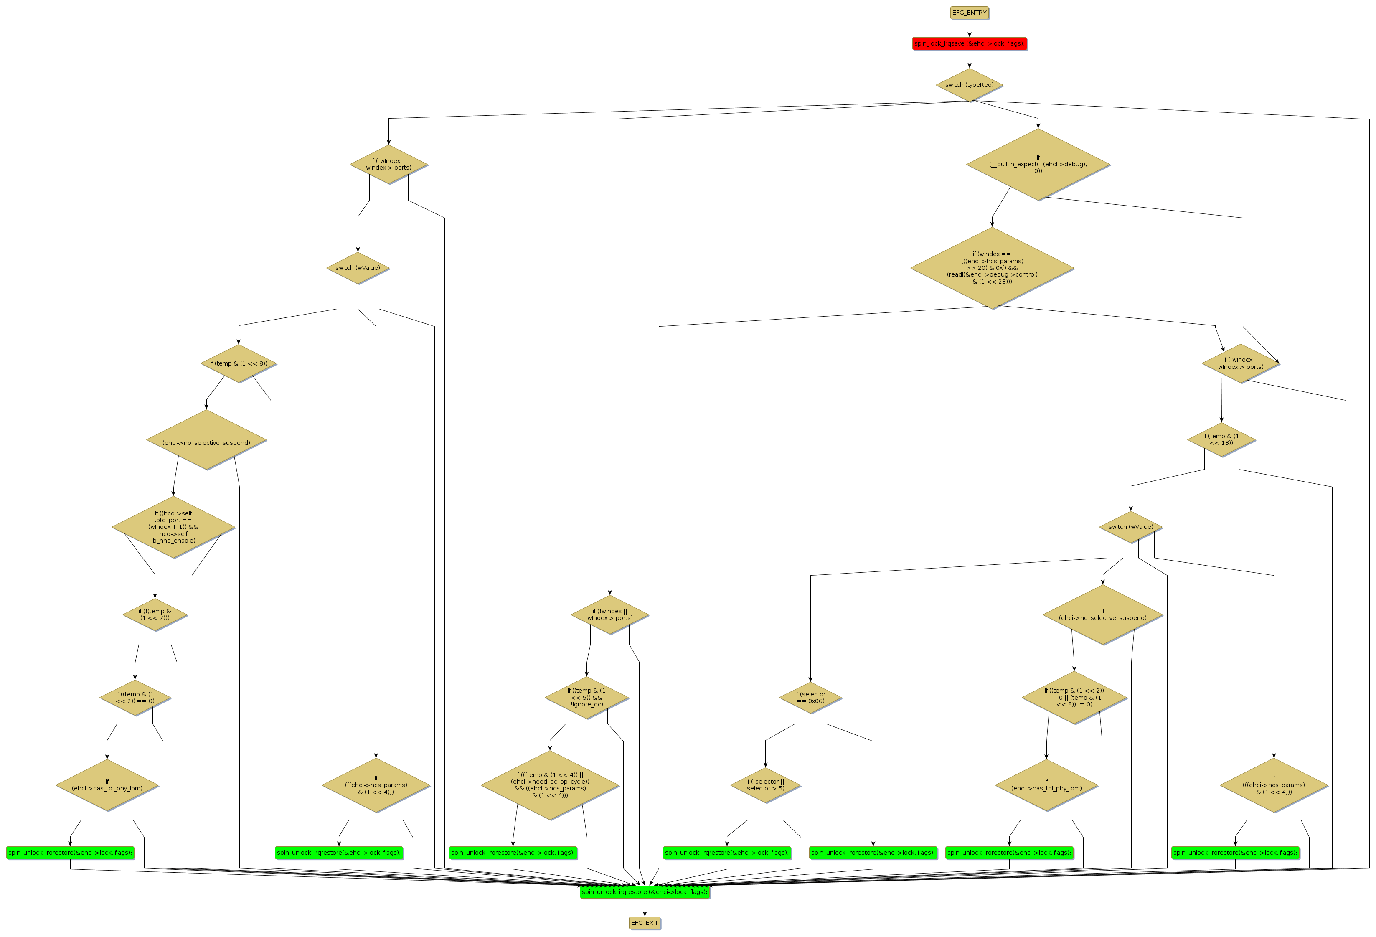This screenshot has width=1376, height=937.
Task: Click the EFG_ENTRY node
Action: [x=969, y=13]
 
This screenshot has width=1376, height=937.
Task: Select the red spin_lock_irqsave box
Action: [x=969, y=43]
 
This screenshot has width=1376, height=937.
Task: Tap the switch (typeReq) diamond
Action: [x=969, y=85]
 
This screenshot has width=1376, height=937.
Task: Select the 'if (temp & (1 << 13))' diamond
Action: [x=1221, y=439]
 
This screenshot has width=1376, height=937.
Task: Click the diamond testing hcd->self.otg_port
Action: [x=173, y=526]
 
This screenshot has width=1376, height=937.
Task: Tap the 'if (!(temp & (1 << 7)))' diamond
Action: [x=155, y=614]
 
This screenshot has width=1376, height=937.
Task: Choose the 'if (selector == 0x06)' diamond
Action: [x=810, y=697]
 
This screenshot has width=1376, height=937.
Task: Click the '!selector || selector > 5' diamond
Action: [x=765, y=785]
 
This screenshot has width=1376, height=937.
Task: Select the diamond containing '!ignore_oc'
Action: [x=586, y=697]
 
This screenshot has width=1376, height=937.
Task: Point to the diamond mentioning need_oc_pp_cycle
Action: [x=549, y=785]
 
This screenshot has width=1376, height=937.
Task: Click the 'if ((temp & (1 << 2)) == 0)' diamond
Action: [x=135, y=697]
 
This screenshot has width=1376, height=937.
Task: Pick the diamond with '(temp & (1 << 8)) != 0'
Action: [x=1074, y=697]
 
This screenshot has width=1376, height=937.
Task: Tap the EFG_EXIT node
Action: [x=644, y=922]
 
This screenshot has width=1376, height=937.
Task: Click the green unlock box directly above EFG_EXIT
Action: [x=644, y=891]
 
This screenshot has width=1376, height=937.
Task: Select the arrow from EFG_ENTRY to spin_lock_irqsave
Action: [x=969, y=28]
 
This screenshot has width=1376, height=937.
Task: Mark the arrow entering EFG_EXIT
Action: [x=644, y=907]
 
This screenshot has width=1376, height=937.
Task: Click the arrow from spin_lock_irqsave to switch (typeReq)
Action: [x=969, y=59]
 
